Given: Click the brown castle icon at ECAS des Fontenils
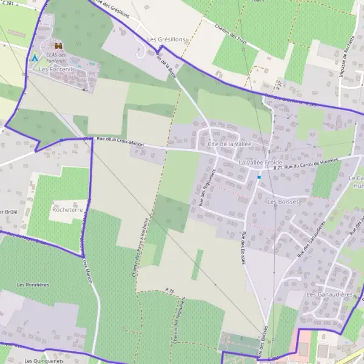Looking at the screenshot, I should point(58,45).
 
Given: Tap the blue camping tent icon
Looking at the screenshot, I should point(35,58).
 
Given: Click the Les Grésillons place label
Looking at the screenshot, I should point(167,39).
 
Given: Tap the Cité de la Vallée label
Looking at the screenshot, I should point(229,144).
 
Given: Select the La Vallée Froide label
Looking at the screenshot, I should point(260,163).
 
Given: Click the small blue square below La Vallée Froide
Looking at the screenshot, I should point(259,177).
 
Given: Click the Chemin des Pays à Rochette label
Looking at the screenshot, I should point(144,246).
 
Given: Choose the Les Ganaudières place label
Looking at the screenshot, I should point(330,295).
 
